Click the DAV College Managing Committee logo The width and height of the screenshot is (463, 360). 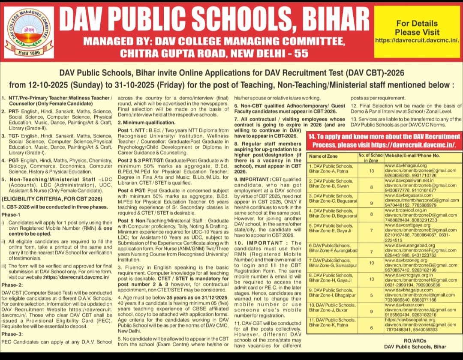(30, 32)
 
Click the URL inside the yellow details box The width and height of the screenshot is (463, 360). (417, 40)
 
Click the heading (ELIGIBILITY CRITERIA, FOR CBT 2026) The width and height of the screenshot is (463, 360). (52, 198)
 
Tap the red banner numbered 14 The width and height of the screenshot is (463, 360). (385, 140)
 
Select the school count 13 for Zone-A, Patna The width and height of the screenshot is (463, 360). (371, 171)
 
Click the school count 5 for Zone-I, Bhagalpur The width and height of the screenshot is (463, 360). (371, 295)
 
